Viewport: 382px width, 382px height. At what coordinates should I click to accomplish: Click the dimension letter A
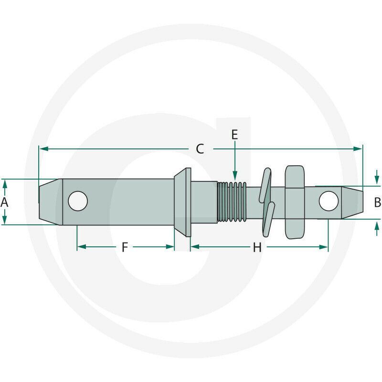(x=4, y=202)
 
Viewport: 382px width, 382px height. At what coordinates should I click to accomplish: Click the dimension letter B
(x=377, y=202)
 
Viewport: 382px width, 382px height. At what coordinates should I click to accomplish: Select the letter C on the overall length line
(x=200, y=149)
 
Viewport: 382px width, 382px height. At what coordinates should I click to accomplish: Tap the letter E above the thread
(x=234, y=135)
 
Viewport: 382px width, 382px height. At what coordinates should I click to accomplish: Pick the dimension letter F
(x=125, y=247)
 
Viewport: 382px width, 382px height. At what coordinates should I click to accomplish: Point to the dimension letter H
(x=257, y=247)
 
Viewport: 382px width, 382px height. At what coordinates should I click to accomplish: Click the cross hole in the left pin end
(x=78, y=201)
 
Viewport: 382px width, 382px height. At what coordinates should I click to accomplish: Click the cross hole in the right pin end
(x=329, y=201)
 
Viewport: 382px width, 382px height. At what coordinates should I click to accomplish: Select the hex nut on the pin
(x=295, y=202)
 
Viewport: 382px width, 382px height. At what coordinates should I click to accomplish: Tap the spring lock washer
(x=267, y=202)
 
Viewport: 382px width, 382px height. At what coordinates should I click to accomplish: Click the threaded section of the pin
(x=232, y=202)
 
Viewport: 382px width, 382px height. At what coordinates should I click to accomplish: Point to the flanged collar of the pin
(x=182, y=202)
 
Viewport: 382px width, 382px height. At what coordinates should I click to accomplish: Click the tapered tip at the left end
(x=51, y=202)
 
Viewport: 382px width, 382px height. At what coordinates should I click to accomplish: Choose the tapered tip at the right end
(x=352, y=202)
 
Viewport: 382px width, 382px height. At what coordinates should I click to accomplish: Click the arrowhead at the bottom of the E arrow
(x=235, y=175)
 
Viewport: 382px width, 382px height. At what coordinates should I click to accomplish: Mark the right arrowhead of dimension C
(x=358, y=149)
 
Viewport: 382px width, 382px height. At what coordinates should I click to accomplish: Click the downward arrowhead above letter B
(x=377, y=180)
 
